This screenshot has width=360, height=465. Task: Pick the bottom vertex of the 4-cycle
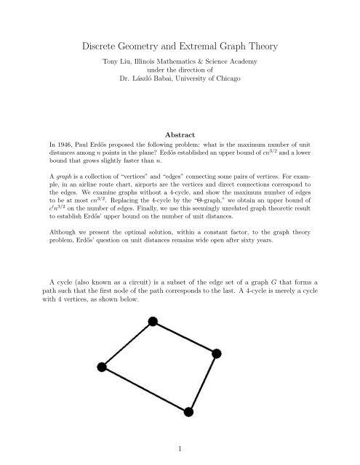(x=188, y=413)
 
